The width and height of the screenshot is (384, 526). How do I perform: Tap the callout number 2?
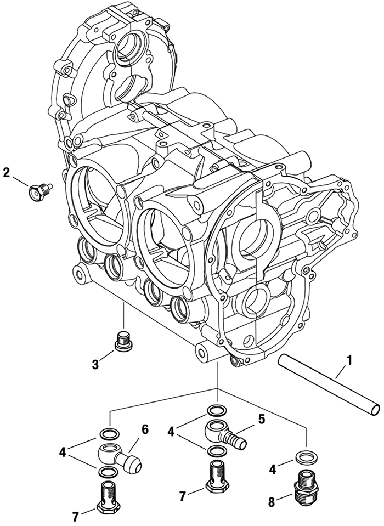pyautogui.click(x=7, y=172)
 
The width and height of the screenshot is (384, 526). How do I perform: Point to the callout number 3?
pyautogui.click(x=95, y=364)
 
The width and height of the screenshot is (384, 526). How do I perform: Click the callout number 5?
pyautogui.click(x=261, y=420)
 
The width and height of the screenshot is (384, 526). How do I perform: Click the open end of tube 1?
pyautogui.click(x=375, y=408)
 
